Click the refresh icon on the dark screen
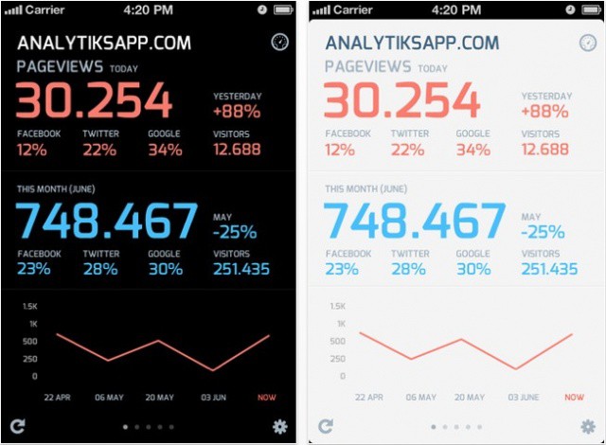pyautogui.click(x=18, y=426)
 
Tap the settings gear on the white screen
pyautogui.click(x=587, y=426)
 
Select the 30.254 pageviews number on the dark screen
pyautogui.click(x=94, y=101)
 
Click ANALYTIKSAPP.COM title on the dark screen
pyautogui.click(x=104, y=44)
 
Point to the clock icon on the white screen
pyautogui.click(x=586, y=43)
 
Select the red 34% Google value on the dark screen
pyautogui.click(x=165, y=150)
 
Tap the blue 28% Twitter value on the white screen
pyautogui.click(x=408, y=269)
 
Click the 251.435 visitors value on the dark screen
pyautogui.click(x=241, y=269)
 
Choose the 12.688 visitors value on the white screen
pyautogui.click(x=544, y=150)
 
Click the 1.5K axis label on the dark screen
pyautogui.click(x=29, y=307)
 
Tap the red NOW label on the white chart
pyautogui.click(x=574, y=398)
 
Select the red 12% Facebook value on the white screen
pyautogui.click(x=340, y=150)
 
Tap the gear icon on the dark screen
pyautogui.click(x=279, y=426)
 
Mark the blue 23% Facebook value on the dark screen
pyautogui.click(x=33, y=269)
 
